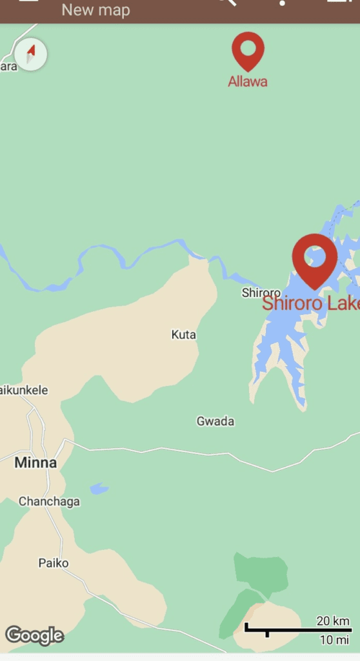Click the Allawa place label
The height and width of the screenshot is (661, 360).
coord(248,82)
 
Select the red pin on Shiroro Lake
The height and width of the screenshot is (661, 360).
coord(315,257)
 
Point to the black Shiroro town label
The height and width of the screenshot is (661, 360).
coord(261,292)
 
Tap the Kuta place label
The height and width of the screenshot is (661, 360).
coord(183,335)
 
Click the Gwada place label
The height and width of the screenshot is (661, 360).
coord(215,422)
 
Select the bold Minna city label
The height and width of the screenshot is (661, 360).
coord(35,462)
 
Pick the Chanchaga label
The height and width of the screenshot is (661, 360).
coord(49,502)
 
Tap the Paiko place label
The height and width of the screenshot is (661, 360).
coord(54,563)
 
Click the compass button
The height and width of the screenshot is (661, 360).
coord(30,54)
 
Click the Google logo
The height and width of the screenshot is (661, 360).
coord(35,636)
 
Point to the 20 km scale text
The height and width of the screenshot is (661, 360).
coord(333,621)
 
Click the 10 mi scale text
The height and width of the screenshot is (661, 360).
coord(335,640)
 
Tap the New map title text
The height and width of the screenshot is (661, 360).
coord(95,10)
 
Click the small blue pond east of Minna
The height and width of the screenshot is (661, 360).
coord(99,489)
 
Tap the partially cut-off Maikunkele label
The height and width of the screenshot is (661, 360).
coord(24,391)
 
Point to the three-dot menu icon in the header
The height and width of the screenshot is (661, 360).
coord(283,4)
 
